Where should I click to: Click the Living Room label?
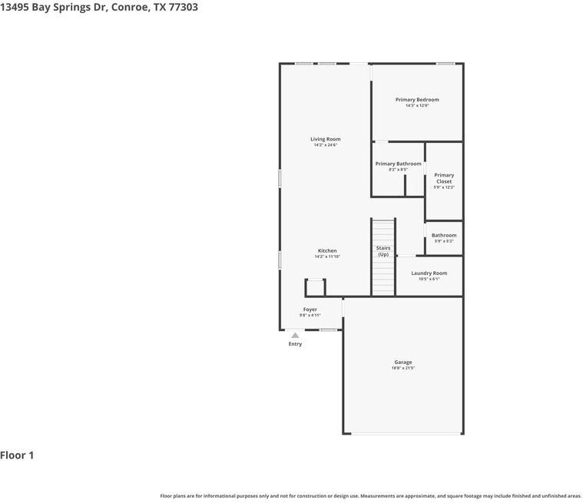[325, 139]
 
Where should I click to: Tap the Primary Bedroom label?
[417, 100]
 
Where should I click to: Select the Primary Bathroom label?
[398, 164]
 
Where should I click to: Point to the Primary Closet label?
[444, 178]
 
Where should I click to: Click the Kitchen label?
[327, 251]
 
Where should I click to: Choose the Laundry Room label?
[429, 273]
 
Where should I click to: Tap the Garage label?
[403, 362]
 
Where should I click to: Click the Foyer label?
[310, 309]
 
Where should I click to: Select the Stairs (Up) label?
[383, 251]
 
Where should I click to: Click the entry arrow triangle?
[295, 336]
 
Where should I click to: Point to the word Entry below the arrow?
[295, 344]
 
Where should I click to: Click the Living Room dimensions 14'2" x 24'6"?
[325, 145]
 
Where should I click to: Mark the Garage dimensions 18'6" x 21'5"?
[403, 369]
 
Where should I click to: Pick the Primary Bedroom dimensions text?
[417, 106]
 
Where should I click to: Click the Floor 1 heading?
[17, 455]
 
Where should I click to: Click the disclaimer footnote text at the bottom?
[370, 496]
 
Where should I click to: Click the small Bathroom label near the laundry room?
[444, 236]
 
